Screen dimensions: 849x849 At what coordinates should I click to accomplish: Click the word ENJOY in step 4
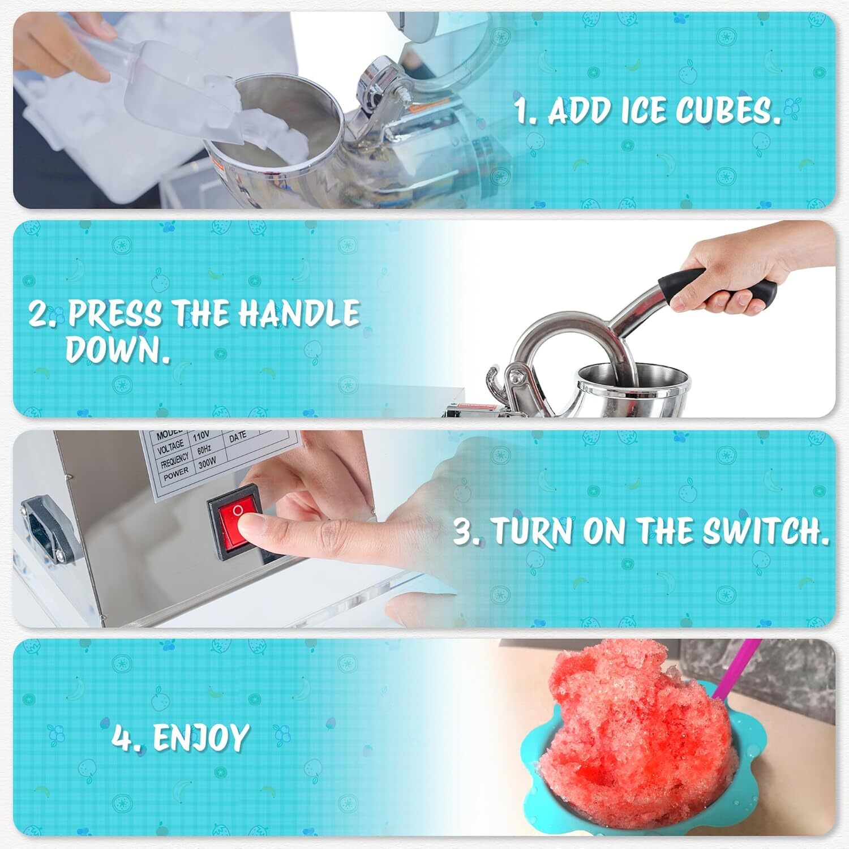click(201, 737)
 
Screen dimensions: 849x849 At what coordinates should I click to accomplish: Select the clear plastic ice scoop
click(170, 85)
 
